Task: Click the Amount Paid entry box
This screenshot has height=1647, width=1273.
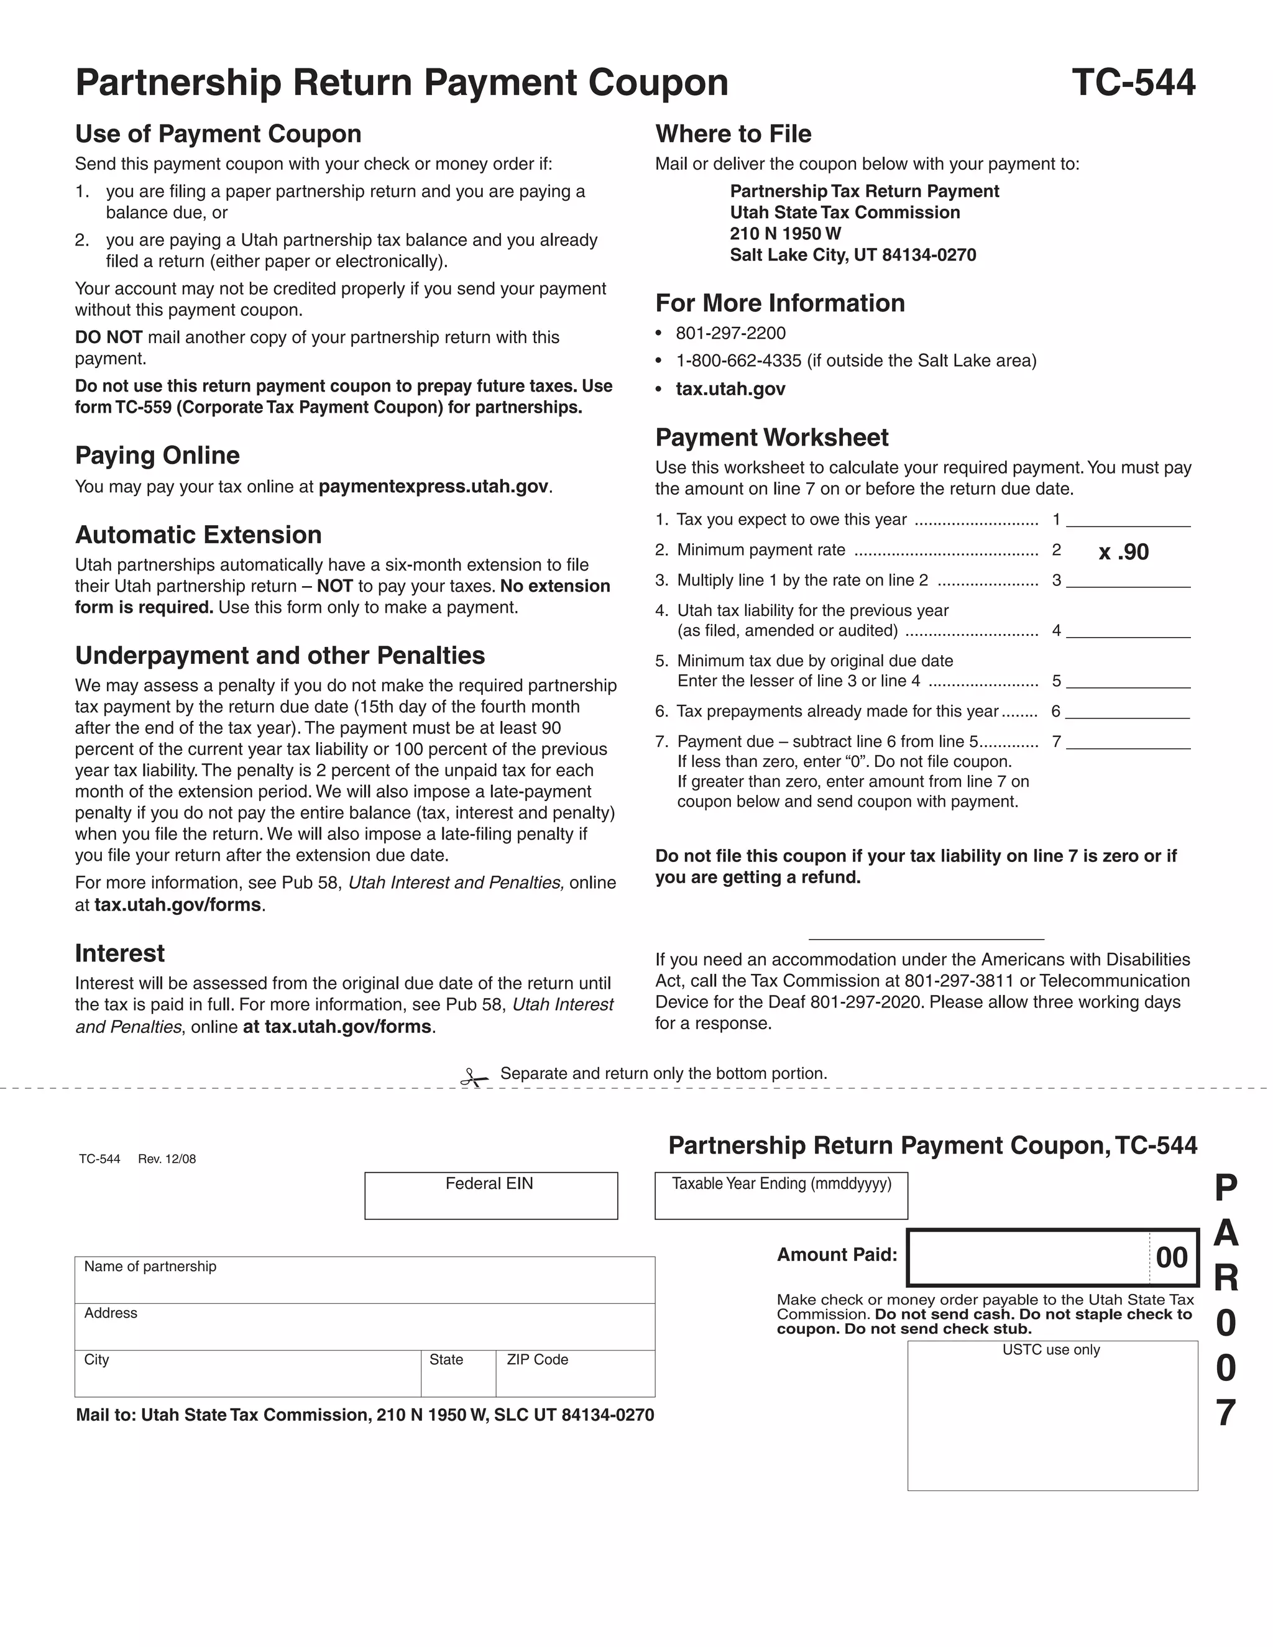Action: point(1029,1257)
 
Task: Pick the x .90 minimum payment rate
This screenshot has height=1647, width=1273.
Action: point(1123,552)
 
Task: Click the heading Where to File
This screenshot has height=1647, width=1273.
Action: point(733,134)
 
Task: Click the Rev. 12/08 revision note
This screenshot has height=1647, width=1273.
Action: point(167,1159)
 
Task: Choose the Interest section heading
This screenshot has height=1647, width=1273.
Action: point(119,953)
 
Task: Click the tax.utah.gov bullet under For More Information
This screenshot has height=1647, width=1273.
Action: point(730,389)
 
